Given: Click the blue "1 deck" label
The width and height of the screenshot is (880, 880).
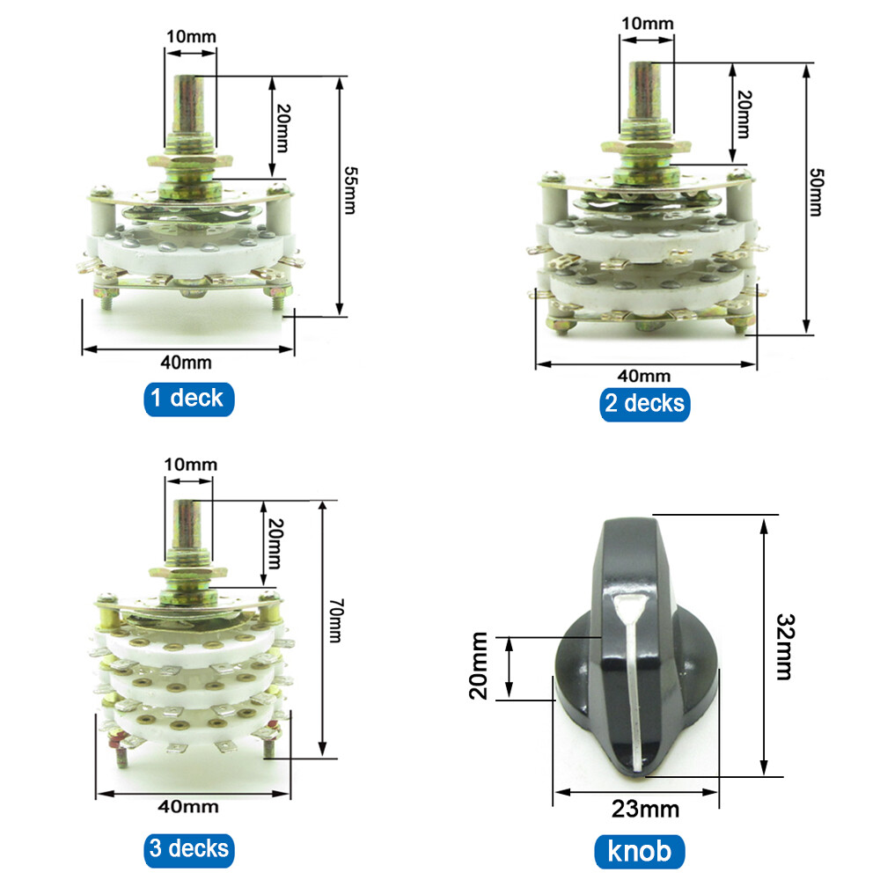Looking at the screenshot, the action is (x=189, y=399).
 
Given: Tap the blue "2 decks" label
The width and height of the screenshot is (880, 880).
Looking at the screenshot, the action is (x=645, y=404).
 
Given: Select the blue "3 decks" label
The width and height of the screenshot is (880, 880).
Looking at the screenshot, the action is (x=189, y=850).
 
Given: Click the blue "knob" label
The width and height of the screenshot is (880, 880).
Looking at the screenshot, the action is (x=639, y=851).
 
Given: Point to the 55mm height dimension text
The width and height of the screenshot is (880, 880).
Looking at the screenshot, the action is (x=350, y=190).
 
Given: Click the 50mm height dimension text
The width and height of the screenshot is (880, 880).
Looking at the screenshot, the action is (x=816, y=192).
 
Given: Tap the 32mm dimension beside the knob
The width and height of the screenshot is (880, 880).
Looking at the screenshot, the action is (x=785, y=647).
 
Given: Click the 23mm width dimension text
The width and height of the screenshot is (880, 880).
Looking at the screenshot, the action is (x=645, y=810).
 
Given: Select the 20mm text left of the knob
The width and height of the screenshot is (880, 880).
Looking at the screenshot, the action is (x=479, y=665).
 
